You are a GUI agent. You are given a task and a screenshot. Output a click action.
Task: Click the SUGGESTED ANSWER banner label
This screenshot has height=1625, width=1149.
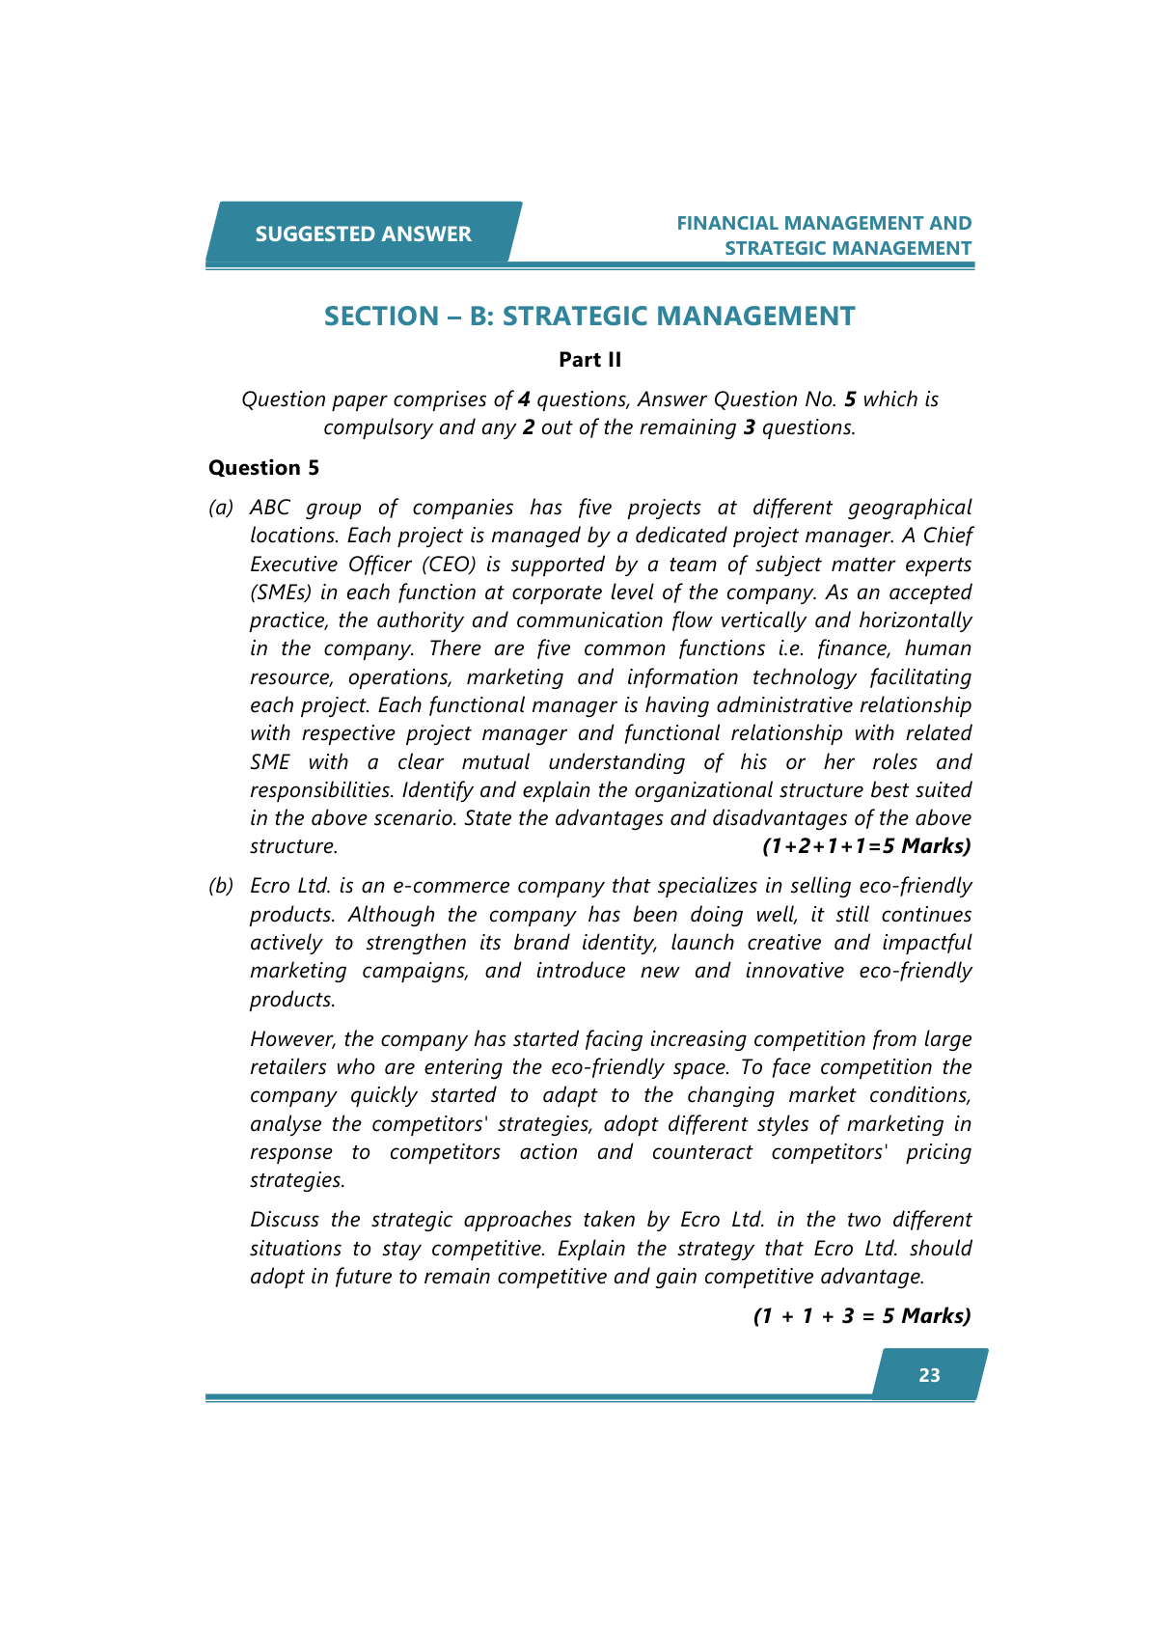point(363,234)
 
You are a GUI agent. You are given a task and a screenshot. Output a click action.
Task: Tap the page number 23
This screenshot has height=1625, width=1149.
point(929,1375)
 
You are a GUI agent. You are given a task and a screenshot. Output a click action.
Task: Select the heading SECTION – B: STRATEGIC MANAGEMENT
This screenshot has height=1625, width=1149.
point(589,316)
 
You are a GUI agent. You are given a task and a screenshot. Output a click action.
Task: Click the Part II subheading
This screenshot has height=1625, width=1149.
point(589,360)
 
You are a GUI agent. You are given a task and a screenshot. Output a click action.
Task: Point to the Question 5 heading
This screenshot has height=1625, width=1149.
point(263,468)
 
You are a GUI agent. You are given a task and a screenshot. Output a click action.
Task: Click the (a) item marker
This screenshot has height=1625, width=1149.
point(221,508)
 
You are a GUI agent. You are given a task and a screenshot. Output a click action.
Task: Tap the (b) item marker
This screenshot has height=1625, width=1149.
point(221,886)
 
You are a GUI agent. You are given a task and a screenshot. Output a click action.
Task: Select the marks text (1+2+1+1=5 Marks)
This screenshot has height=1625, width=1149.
point(865,846)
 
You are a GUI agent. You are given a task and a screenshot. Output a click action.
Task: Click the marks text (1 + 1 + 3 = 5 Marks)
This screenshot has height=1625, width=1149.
point(862,1315)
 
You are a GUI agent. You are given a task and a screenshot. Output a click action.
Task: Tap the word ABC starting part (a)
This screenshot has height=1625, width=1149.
point(269,508)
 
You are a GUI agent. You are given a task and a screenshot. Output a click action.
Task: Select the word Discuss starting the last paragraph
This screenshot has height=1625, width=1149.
point(284,1220)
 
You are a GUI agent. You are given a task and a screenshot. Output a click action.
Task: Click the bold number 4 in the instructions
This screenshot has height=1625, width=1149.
point(524,399)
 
